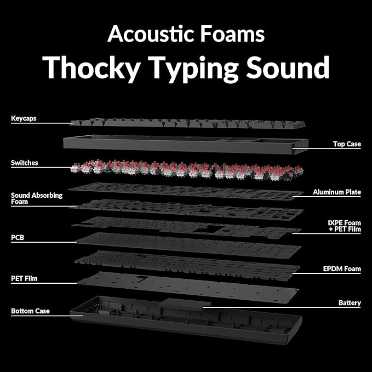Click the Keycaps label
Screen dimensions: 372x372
point(24,118)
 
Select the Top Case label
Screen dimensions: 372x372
point(347,144)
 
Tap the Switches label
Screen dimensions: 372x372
point(25,163)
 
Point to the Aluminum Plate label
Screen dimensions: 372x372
point(337,192)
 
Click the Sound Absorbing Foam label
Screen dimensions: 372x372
point(37,198)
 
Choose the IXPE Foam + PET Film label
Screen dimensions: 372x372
point(345,226)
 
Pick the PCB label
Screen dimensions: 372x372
point(18,237)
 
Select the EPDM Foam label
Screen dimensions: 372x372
point(342,269)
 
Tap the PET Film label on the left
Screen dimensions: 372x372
point(24,278)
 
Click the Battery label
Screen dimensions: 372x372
point(350,303)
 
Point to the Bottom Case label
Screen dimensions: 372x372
point(30,311)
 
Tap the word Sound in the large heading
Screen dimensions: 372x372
point(288,67)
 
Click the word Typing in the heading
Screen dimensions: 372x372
point(193,69)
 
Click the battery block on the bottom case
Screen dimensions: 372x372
point(184,304)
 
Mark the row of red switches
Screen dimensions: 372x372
point(186,170)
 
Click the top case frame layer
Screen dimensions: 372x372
point(186,144)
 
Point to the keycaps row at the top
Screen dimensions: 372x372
point(188,123)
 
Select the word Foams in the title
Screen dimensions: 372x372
point(232,34)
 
